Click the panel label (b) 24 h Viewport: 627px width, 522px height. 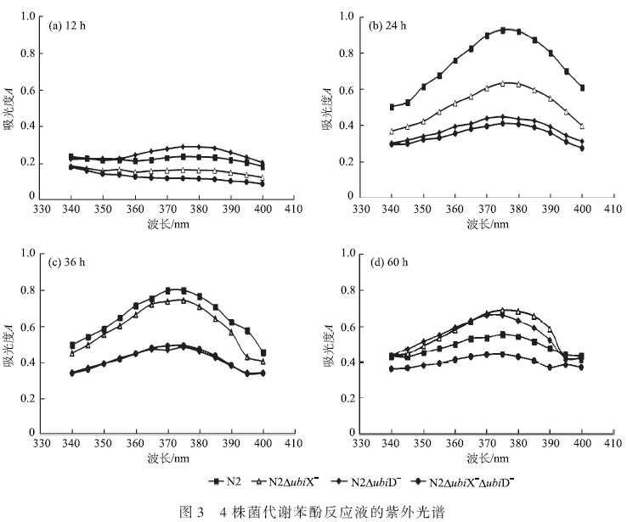(389, 25)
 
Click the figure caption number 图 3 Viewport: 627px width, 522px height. (193, 512)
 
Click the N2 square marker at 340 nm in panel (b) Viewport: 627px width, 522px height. (392, 107)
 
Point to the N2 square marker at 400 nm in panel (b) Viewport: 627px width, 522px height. (582, 87)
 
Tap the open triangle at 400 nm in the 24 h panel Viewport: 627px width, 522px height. (582, 126)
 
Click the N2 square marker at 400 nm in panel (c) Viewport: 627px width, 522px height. (263, 353)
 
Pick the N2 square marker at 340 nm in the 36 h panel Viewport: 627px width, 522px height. (72, 345)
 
